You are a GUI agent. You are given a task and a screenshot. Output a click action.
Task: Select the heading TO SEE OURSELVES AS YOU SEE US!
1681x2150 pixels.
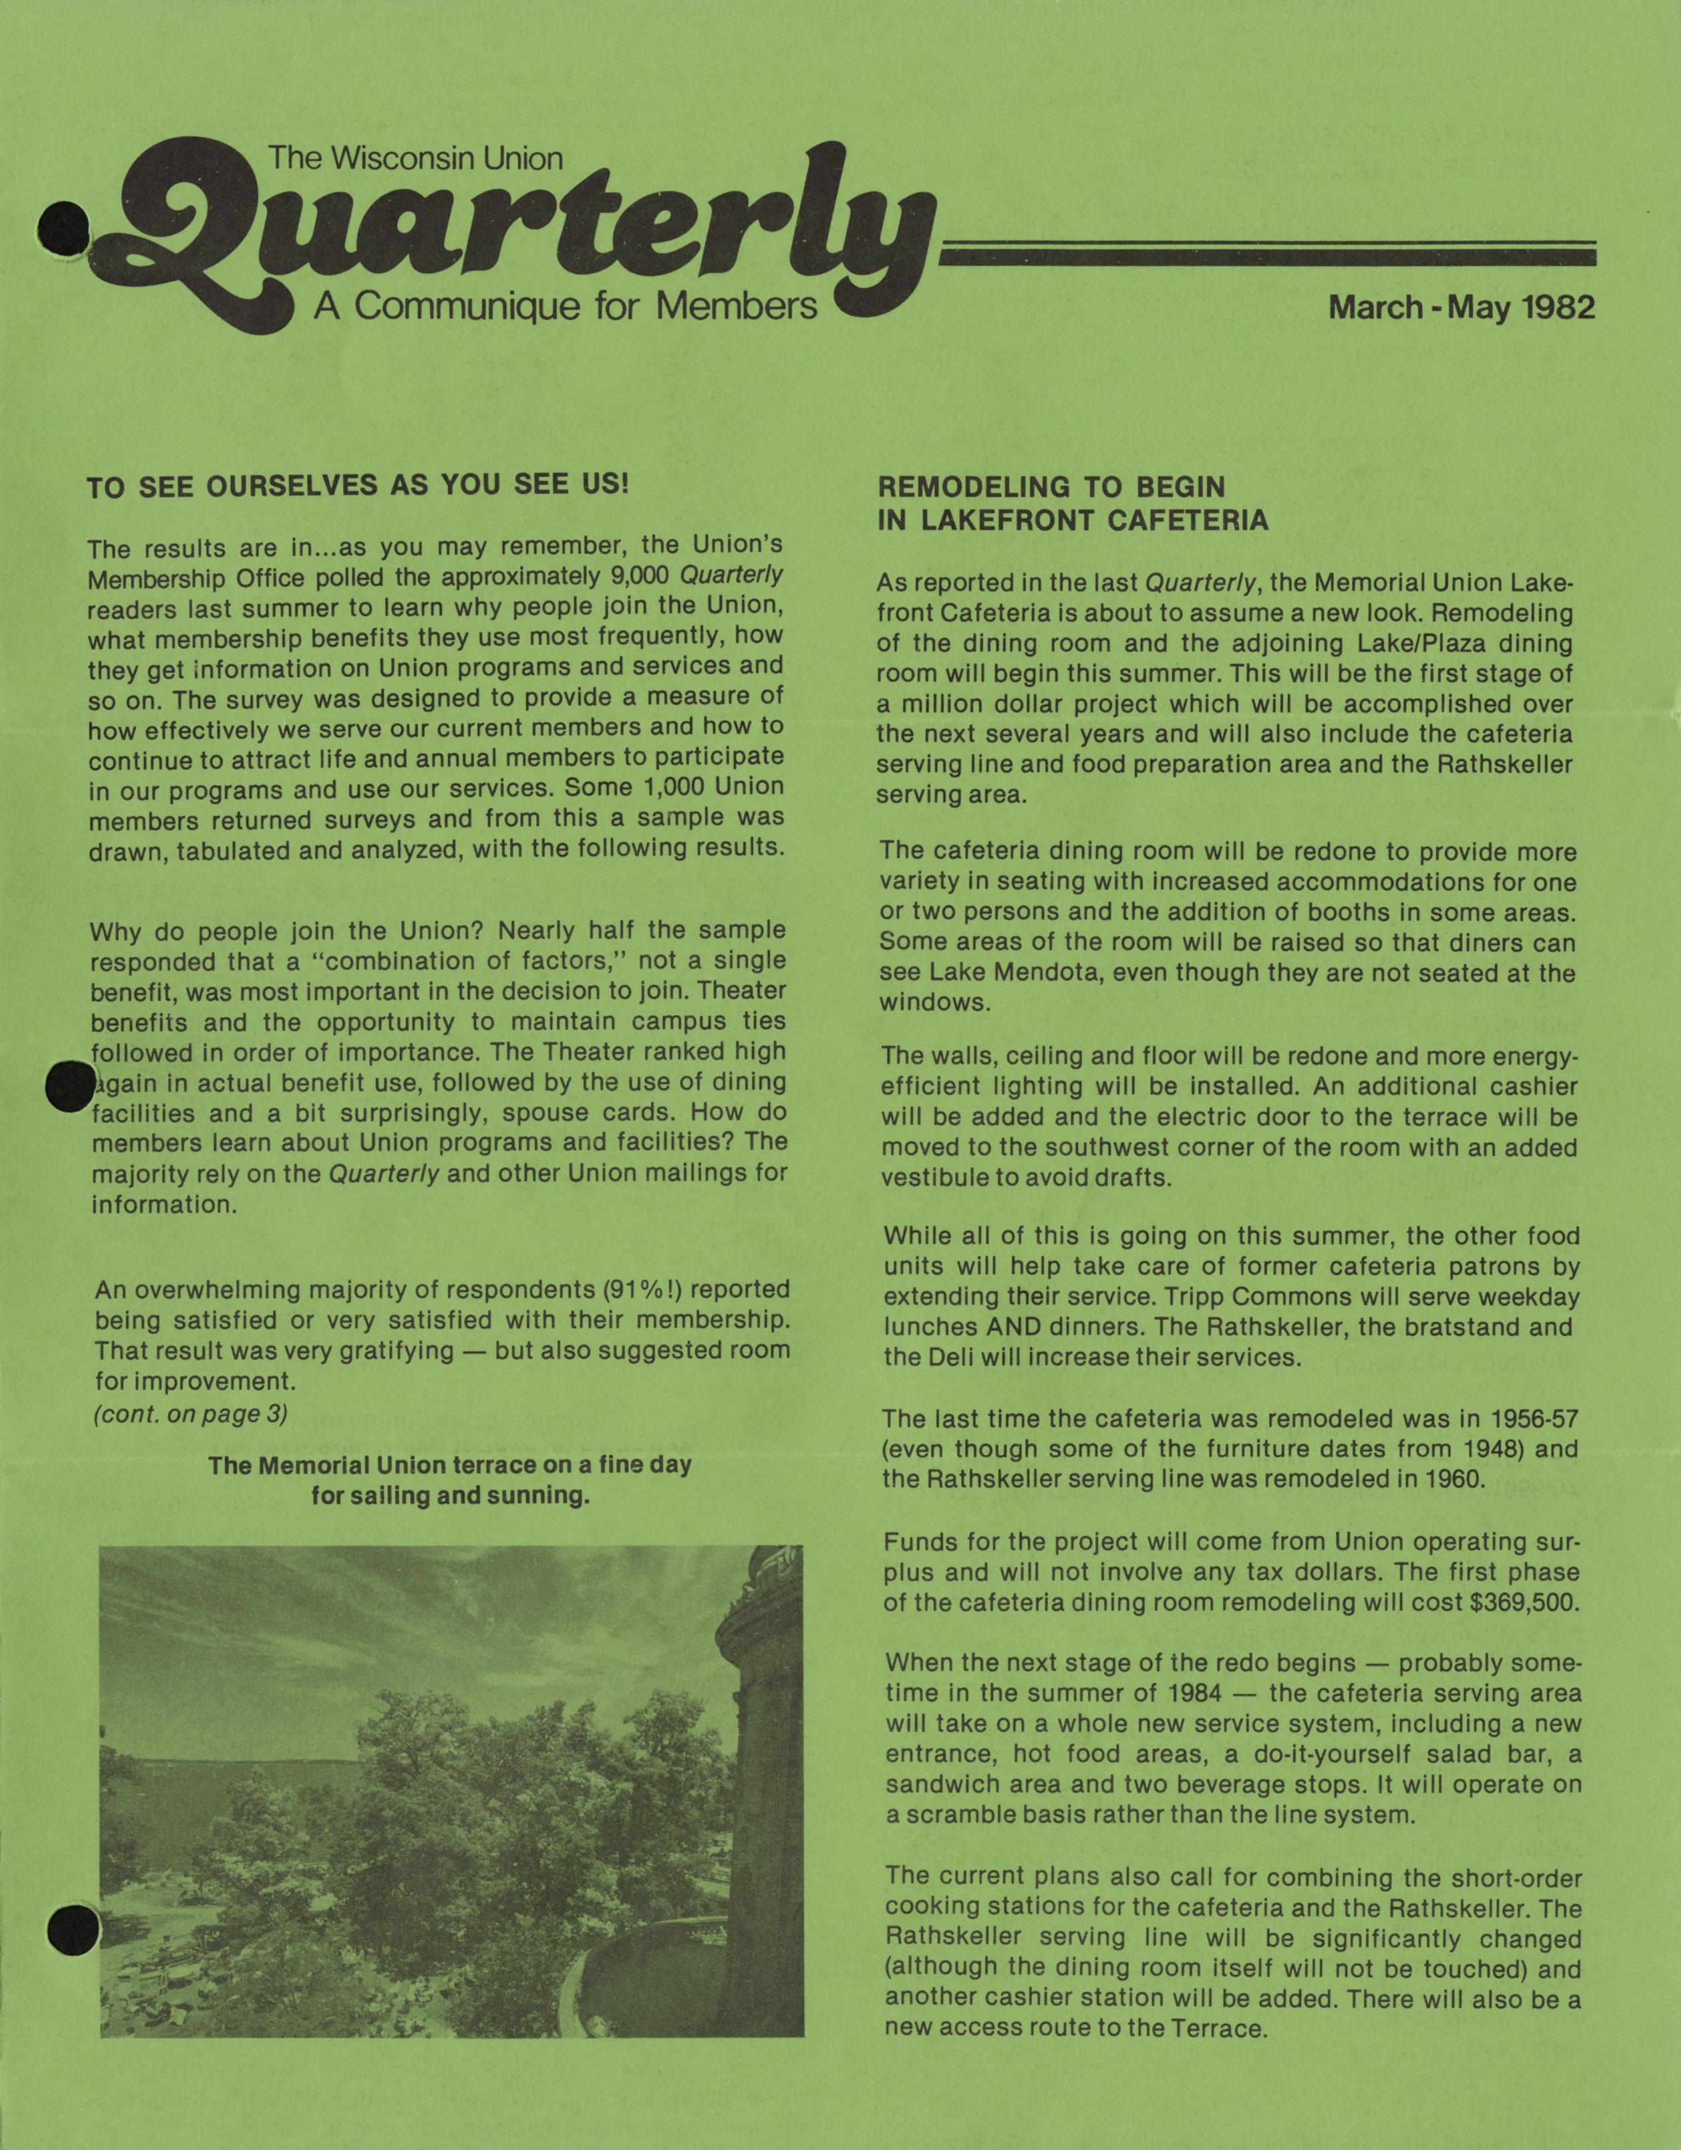(357, 487)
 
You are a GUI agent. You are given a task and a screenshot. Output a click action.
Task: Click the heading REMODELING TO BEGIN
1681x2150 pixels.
(1051, 487)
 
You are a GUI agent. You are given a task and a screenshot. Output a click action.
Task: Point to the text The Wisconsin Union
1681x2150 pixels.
(416, 158)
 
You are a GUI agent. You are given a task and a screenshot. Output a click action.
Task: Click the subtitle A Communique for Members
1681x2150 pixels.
(565, 306)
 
